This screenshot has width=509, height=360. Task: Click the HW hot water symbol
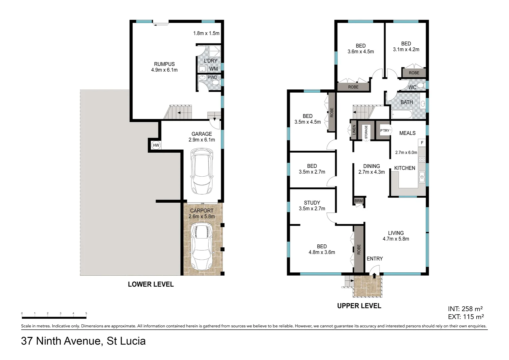156,145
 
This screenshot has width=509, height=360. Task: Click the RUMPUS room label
164,64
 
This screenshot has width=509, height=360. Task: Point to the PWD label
212,77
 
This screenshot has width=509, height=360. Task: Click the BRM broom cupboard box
358,201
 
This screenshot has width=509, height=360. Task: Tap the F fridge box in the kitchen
422,143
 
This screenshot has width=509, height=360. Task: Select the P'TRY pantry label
385,131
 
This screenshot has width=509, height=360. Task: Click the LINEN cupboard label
354,130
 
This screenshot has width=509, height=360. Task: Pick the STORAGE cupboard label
366,132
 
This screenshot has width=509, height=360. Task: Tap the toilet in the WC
420,86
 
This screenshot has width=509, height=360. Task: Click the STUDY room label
312,203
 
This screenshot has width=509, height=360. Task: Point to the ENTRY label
375,259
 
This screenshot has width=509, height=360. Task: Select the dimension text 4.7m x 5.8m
396,239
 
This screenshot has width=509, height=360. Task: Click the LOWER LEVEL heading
151,284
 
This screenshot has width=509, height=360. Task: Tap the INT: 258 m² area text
465,309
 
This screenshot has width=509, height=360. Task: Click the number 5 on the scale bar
86,313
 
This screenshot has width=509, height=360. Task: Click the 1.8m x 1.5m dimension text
206,33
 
